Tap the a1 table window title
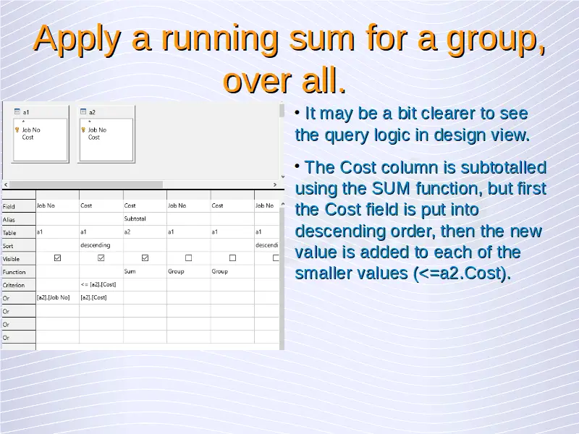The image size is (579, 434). (26, 112)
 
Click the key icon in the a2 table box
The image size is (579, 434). (83, 130)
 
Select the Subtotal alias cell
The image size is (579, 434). (135, 218)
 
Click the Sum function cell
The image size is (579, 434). (130, 271)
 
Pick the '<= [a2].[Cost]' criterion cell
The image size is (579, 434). (98, 284)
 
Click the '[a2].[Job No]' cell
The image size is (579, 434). (53, 297)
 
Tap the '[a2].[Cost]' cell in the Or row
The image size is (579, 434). (94, 297)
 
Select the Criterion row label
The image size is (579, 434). (14, 285)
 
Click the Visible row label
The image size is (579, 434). (11, 259)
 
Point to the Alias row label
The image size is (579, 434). (9, 220)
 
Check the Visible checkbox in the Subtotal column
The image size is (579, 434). (145, 258)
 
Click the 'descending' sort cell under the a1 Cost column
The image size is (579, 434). (96, 245)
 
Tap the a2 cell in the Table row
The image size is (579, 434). (127, 231)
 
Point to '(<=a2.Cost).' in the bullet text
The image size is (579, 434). (462, 273)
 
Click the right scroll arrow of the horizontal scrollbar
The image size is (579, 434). (275, 184)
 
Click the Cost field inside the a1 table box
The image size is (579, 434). (28, 137)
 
